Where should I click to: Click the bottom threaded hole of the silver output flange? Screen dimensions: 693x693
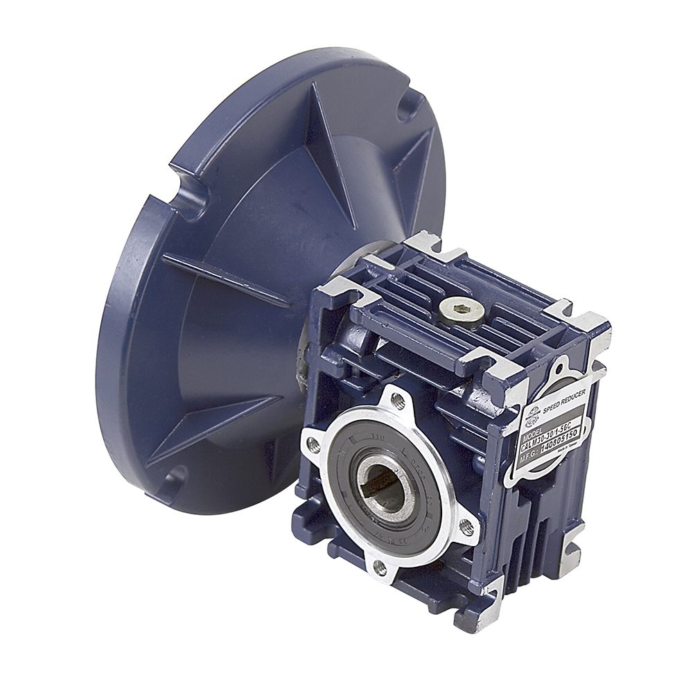coord(380,568)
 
